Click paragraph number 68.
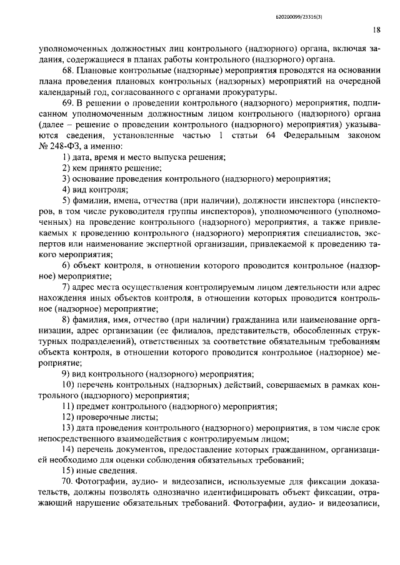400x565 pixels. click(68, 71)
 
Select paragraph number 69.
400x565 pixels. click(68, 102)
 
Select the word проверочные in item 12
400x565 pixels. click(101, 417)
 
